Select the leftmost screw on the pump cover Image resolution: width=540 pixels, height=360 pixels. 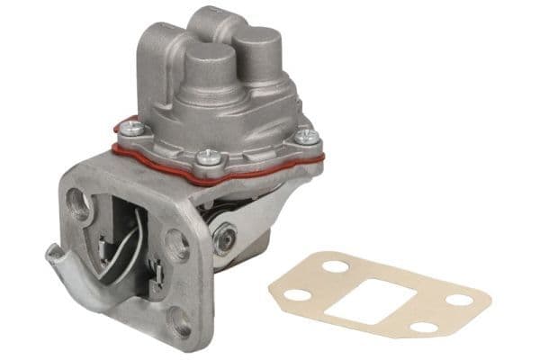[x=132, y=128]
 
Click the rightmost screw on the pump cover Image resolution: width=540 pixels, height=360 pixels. [x=307, y=137]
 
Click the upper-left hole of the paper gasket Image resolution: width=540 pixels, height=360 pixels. [x=335, y=267]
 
